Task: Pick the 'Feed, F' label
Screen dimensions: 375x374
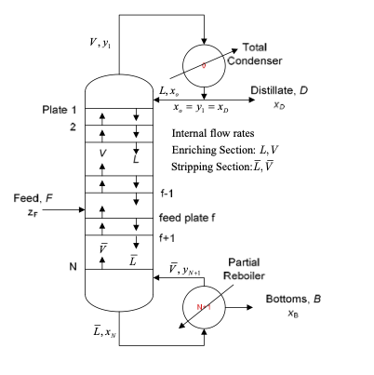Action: click(x=25, y=198)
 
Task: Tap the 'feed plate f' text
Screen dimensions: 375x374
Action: click(x=187, y=219)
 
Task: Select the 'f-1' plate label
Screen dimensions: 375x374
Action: click(x=167, y=194)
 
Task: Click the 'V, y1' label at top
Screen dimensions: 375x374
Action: click(x=97, y=47)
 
